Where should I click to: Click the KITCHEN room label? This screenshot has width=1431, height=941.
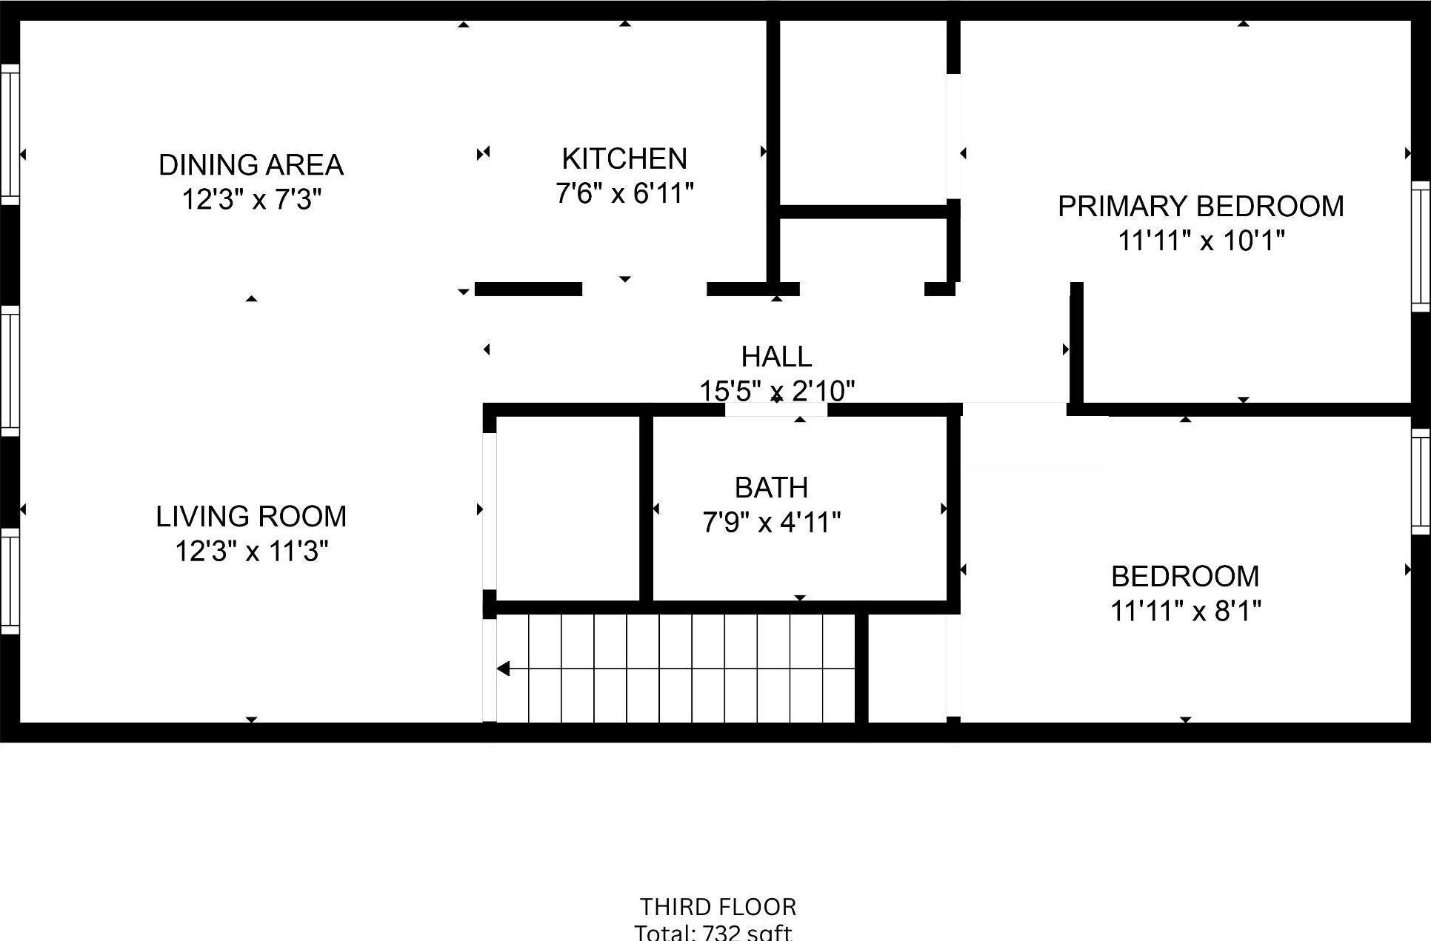coord(624,158)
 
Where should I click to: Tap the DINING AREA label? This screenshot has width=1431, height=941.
coord(251,164)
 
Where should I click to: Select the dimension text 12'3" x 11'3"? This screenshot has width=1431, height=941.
coord(251,551)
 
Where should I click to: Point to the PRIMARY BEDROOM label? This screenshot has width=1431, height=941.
coord(1200,206)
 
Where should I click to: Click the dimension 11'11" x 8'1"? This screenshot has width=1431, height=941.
coord(1185,611)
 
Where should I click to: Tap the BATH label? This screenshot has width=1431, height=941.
coord(771,487)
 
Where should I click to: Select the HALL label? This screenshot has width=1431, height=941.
coord(776,357)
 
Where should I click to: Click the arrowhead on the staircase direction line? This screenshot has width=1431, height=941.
coord(504,669)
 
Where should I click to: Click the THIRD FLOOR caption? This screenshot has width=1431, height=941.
coord(718,906)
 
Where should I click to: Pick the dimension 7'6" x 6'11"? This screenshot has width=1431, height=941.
coord(624,194)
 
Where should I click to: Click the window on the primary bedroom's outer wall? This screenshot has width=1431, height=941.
coord(1420,246)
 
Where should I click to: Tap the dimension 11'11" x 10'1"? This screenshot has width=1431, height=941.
coord(1200,241)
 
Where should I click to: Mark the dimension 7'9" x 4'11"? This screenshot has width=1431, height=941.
coord(771,523)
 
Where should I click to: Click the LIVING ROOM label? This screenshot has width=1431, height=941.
coord(251,516)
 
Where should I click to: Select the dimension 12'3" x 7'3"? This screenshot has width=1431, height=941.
coord(251,199)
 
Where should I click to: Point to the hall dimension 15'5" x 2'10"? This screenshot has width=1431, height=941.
coord(776,390)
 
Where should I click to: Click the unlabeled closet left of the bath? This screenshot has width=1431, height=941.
coord(567,508)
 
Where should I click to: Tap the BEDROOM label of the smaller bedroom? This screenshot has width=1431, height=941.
coord(1185,576)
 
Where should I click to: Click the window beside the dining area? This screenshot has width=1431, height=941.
coord(10,133)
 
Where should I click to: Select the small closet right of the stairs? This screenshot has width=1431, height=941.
coord(907,668)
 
